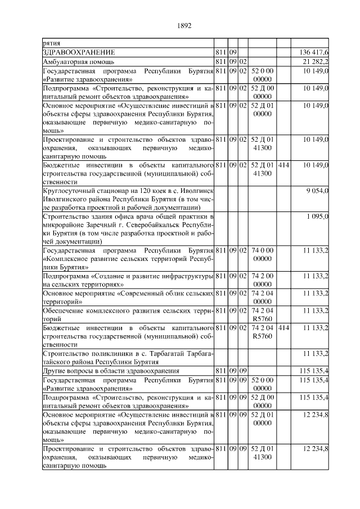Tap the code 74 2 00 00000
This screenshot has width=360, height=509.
point(262,281)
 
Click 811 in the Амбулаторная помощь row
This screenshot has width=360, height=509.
point(220,61)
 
